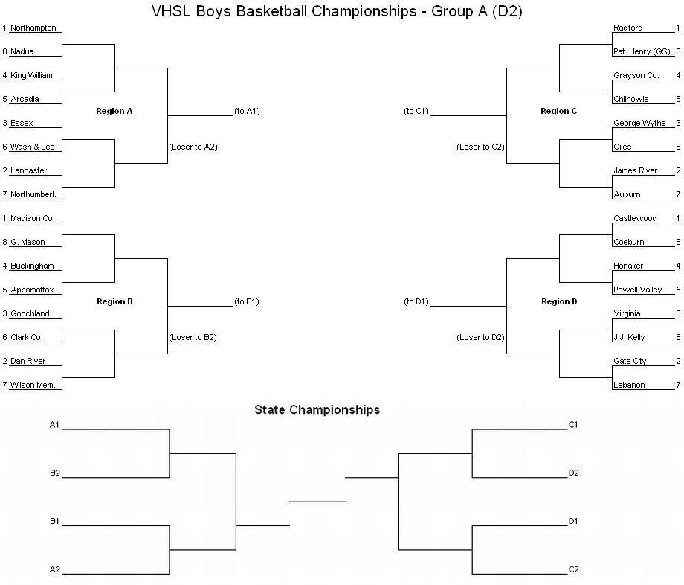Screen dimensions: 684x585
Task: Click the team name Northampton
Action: tap(33, 28)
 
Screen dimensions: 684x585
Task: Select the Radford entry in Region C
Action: tap(627, 28)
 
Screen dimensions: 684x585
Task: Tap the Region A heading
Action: tap(114, 112)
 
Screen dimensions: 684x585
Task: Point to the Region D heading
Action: tap(559, 301)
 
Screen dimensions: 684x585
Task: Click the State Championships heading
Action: tap(317, 409)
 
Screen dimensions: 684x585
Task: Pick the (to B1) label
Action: tap(247, 301)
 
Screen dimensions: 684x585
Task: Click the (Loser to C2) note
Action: tap(480, 147)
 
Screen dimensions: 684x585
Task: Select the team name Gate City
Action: tap(630, 362)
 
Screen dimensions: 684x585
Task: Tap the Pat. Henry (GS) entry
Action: tap(642, 51)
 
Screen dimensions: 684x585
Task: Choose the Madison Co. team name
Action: tap(33, 218)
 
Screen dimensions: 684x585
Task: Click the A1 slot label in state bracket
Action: tap(54, 425)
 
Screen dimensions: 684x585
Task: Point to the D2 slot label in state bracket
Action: tap(573, 473)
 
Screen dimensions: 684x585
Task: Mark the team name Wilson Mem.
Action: tap(33, 385)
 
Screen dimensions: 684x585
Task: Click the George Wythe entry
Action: tap(639, 123)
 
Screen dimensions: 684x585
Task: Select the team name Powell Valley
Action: tap(637, 290)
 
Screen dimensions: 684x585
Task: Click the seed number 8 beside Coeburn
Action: tap(678, 243)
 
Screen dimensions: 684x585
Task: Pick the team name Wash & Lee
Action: tap(32, 147)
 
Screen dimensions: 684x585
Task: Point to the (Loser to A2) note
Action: tap(193, 147)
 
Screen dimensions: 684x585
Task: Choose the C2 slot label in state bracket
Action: tap(573, 569)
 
